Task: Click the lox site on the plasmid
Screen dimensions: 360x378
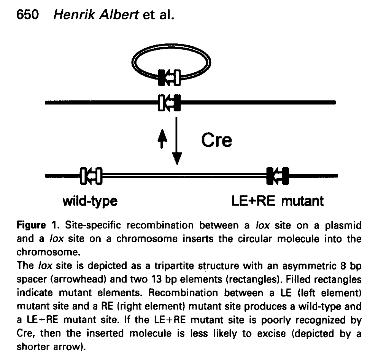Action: click(x=170, y=78)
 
